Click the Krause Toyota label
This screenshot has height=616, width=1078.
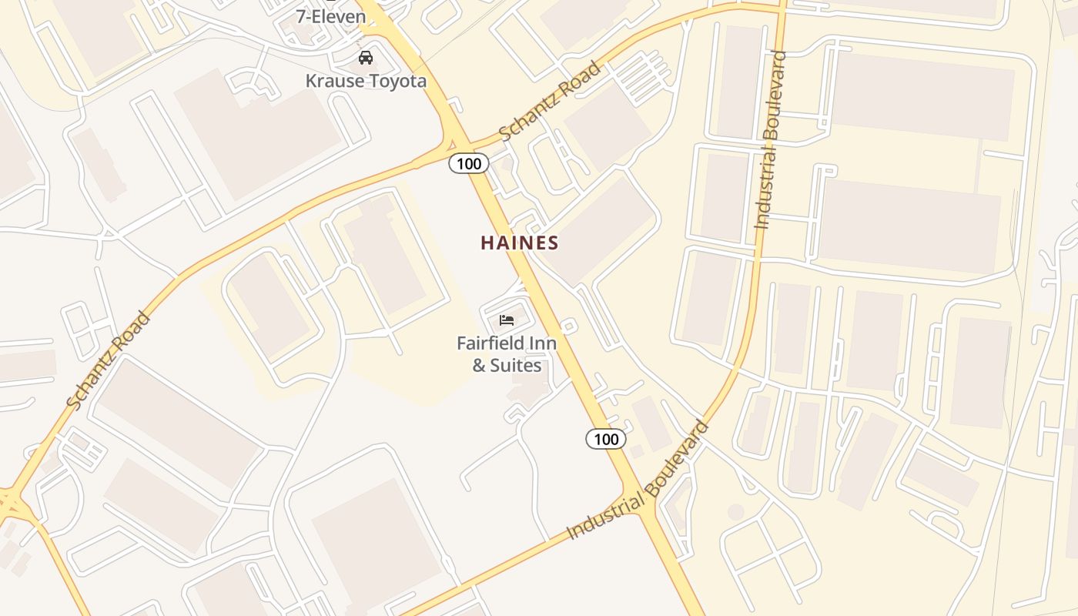pos(366,81)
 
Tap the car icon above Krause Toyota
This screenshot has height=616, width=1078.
pos(366,58)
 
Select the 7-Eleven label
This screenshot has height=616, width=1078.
pos(330,15)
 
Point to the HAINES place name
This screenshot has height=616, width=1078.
pos(520,243)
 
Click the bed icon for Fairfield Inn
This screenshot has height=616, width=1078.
pos(507,320)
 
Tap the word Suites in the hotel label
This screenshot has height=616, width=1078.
pos(516,365)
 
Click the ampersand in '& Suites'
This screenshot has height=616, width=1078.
pos(479,365)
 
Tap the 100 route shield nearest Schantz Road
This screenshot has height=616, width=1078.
pos(468,163)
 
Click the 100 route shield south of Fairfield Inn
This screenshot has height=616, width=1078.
pos(606,439)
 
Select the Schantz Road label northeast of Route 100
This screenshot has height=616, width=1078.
pos(550,102)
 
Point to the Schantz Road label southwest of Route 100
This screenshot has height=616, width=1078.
pos(108,360)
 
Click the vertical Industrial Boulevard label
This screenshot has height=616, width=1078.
pos(771,140)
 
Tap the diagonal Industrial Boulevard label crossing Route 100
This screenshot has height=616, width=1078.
pos(638,480)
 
